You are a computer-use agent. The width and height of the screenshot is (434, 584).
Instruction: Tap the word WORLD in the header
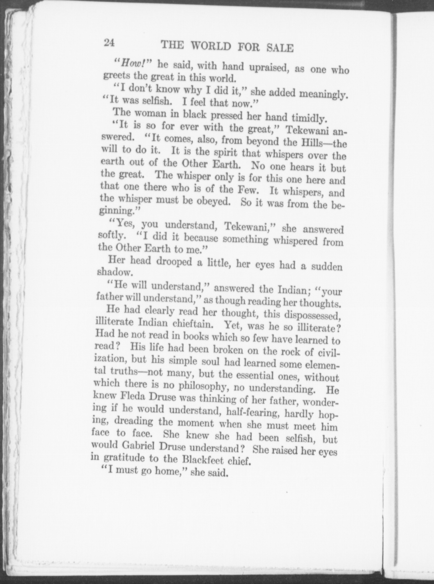(x=211, y=46)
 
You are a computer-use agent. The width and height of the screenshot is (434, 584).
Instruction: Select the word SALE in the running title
(x=280, y=48)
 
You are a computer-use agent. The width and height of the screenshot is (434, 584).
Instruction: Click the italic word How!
(x=132, y=64)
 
